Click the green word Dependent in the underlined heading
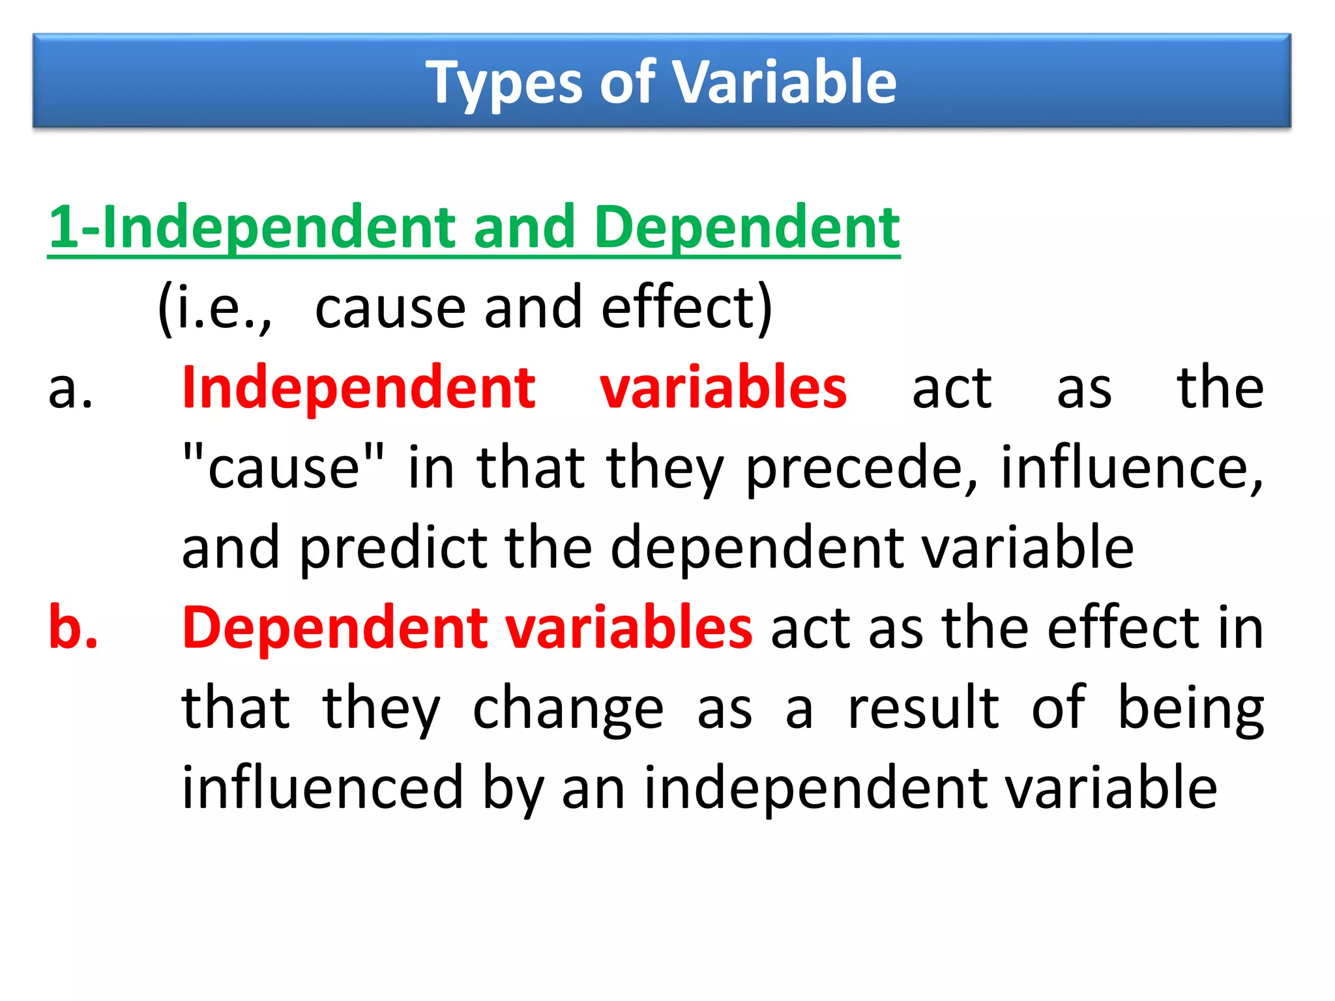(x=746, y=227)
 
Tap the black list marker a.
(x=70, y=388)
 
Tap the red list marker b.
(x=73, y=628)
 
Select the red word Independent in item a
(x=359, y=388)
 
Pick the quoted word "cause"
(x=284, y=468)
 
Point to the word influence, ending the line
(x=1132, y=468)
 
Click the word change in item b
(x=568, y=709)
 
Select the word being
(x=1190, y=709)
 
